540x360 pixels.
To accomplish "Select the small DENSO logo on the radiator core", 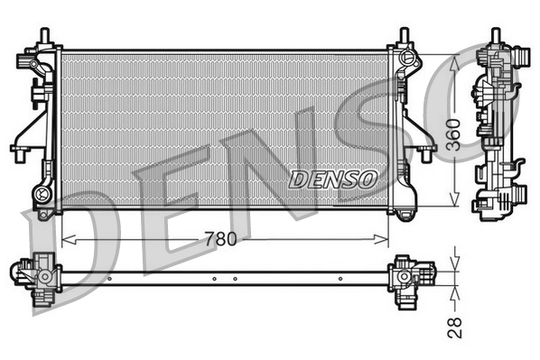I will [333, 179].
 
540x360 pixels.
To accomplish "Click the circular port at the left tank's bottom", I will [41, 193].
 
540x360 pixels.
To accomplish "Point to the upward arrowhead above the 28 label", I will [454, 291].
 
